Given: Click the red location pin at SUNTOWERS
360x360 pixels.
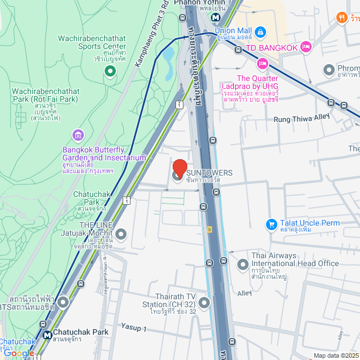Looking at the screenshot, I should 179,168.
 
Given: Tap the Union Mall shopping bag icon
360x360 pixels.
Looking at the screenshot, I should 260,31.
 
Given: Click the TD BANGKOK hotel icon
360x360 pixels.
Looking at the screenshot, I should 306,47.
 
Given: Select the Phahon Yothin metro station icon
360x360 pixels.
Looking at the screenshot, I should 215,17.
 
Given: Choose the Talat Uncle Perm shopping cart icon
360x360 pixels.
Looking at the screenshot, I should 272,223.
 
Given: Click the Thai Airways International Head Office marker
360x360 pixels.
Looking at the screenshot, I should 242,264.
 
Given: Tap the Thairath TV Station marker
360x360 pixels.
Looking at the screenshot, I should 204,304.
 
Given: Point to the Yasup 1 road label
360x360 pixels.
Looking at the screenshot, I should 133,327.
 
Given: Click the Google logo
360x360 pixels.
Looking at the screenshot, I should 18,353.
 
